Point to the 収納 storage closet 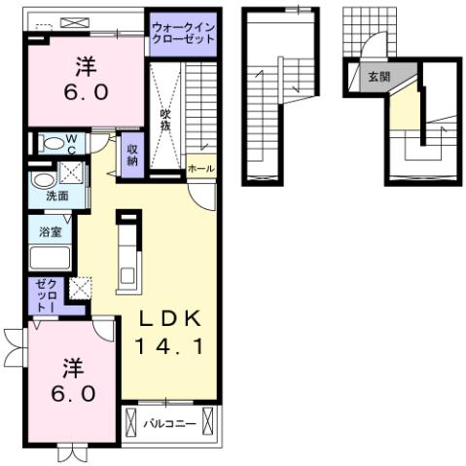[132, 155]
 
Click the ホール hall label [201, 168]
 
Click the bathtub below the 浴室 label [51, 260]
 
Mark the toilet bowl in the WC [50, 144]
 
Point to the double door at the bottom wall [72, 451]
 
